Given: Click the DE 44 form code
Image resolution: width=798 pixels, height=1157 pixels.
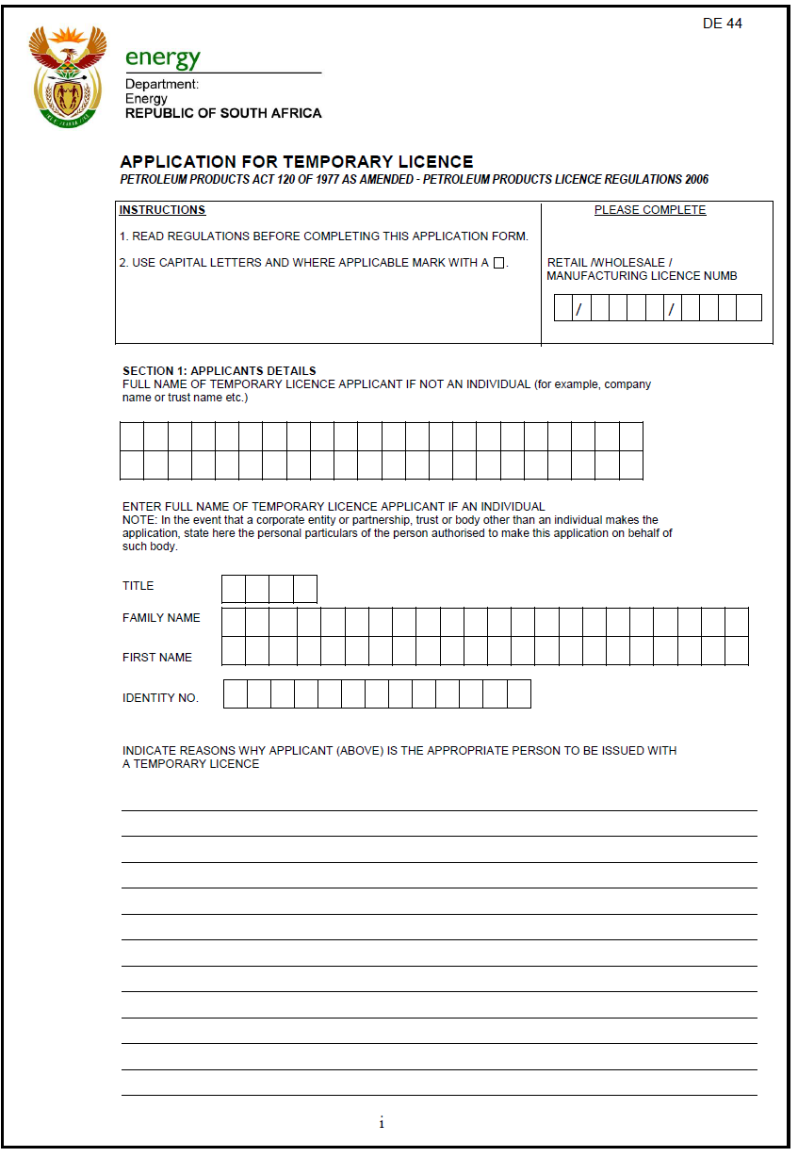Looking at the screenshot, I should pos(722,24).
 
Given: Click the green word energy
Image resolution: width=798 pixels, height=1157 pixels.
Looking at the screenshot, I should pos(163,57).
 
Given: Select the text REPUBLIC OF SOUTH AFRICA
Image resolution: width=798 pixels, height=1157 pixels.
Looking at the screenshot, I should pos(223,113).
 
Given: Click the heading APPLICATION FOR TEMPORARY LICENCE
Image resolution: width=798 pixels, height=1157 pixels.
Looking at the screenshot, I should pos(297,162).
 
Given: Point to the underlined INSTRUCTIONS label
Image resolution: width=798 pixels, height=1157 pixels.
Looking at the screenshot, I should pos(162,210).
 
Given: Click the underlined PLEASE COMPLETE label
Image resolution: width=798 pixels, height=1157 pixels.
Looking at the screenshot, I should pos(649,210).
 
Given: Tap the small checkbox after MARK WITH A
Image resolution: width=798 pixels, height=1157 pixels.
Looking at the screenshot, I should pos(499,263).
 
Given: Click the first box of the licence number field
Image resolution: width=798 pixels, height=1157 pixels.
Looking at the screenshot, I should pos(563,308).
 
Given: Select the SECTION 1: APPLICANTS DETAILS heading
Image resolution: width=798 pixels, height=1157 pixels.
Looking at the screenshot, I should pos(220,371).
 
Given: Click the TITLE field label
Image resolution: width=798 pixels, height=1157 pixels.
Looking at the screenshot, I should pos(138,586).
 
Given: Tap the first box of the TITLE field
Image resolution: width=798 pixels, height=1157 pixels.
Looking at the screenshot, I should pos(234,589).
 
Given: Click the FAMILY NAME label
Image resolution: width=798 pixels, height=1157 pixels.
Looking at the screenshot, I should pos(161,618).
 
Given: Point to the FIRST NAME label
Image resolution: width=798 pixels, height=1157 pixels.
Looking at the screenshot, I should pos(157,658).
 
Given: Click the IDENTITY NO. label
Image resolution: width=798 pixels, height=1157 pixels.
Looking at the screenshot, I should pos(160,698).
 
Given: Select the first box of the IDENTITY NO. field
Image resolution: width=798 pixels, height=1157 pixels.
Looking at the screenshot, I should pos(236,694).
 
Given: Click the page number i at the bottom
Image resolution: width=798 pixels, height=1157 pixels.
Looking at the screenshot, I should pos(382,1123).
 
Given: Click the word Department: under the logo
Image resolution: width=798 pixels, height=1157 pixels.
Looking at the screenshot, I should pos(162,85).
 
